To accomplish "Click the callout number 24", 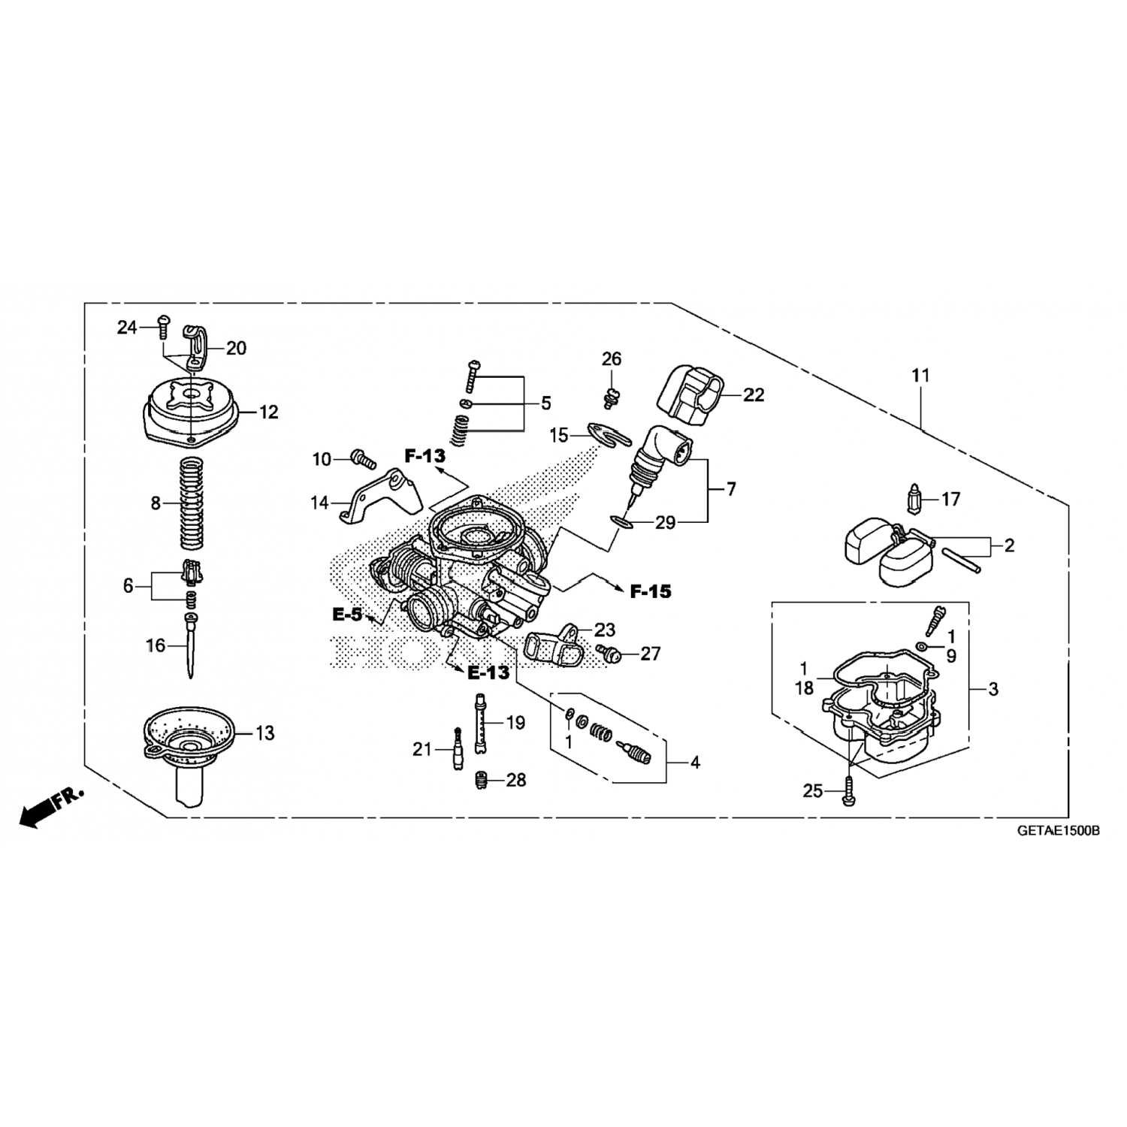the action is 127,327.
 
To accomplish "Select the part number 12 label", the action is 268,412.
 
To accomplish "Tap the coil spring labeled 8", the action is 193,503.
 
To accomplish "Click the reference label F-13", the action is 425,455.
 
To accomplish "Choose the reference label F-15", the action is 651,592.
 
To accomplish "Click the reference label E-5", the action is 347,615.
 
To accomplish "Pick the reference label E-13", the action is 488,672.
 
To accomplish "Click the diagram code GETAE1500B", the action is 1059,832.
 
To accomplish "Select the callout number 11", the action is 920,375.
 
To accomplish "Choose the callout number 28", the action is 516,780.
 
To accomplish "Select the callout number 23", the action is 604,630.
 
